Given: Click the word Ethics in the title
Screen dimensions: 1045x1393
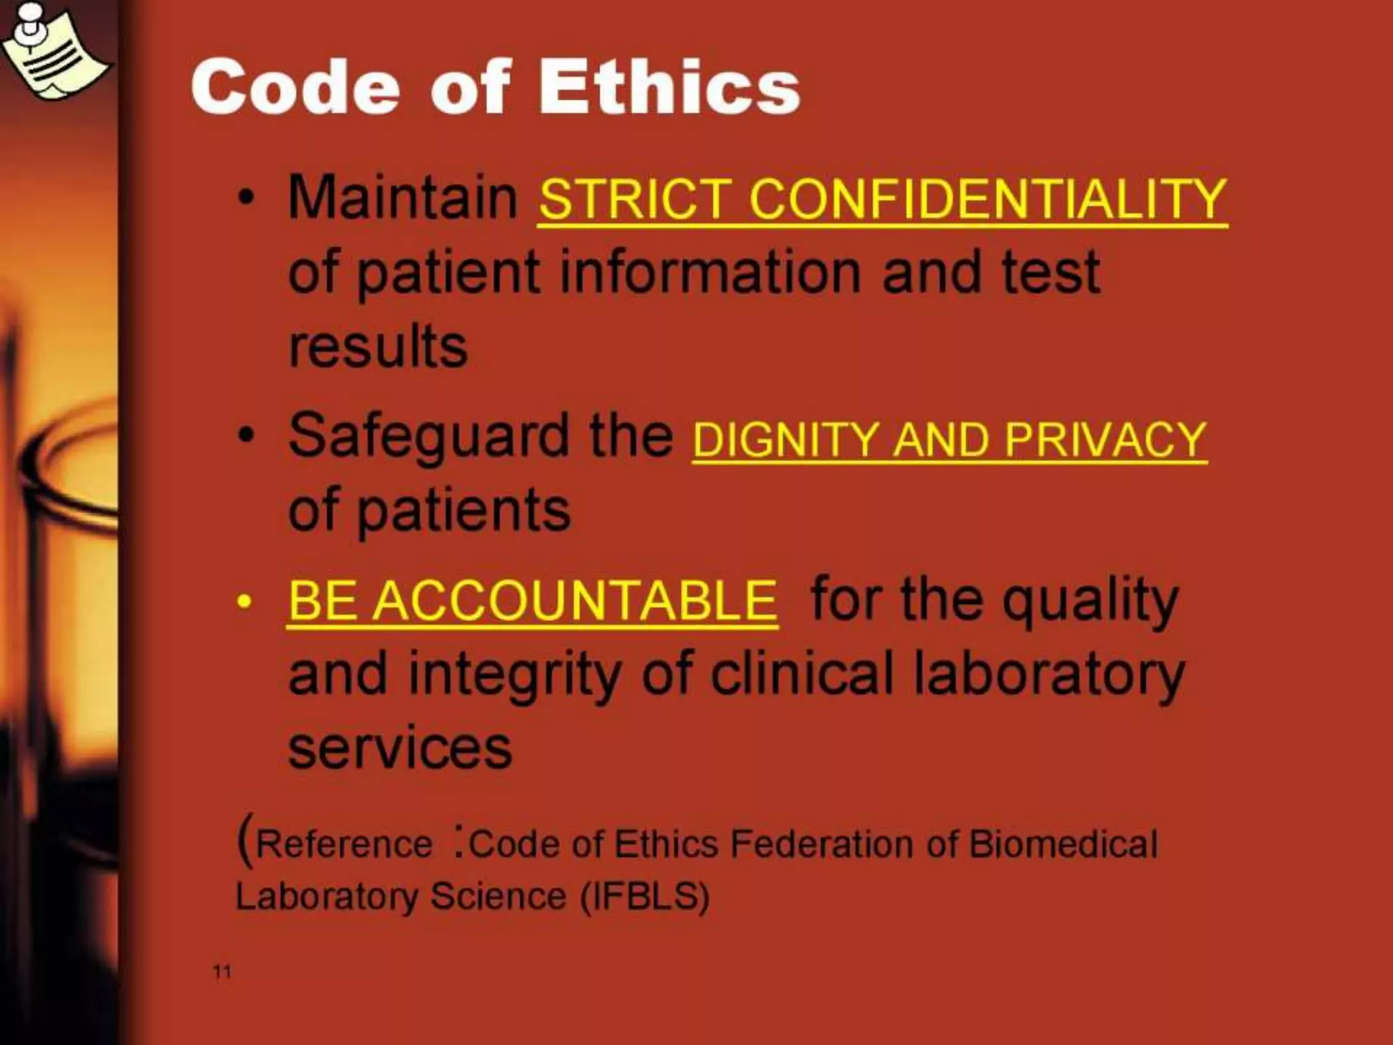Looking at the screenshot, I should pos(669,88).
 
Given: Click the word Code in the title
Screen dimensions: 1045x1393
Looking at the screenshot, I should pos(295,88).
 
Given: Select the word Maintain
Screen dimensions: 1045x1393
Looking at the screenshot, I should pos(403,197).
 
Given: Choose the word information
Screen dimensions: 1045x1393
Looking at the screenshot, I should pos(710,272).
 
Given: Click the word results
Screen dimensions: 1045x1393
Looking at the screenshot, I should pos(378,346).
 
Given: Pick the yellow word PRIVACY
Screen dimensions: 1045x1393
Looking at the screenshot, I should pos(1105,439).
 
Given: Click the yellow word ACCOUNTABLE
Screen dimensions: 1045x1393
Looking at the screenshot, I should pos(576,601).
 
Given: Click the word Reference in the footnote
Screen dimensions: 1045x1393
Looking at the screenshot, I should pos(344,844).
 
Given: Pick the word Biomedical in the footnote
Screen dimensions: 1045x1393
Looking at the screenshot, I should pos(1063,844).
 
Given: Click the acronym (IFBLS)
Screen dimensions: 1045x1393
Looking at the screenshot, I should pos(645,896).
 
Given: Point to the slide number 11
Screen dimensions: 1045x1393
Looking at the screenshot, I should pos(222,972).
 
